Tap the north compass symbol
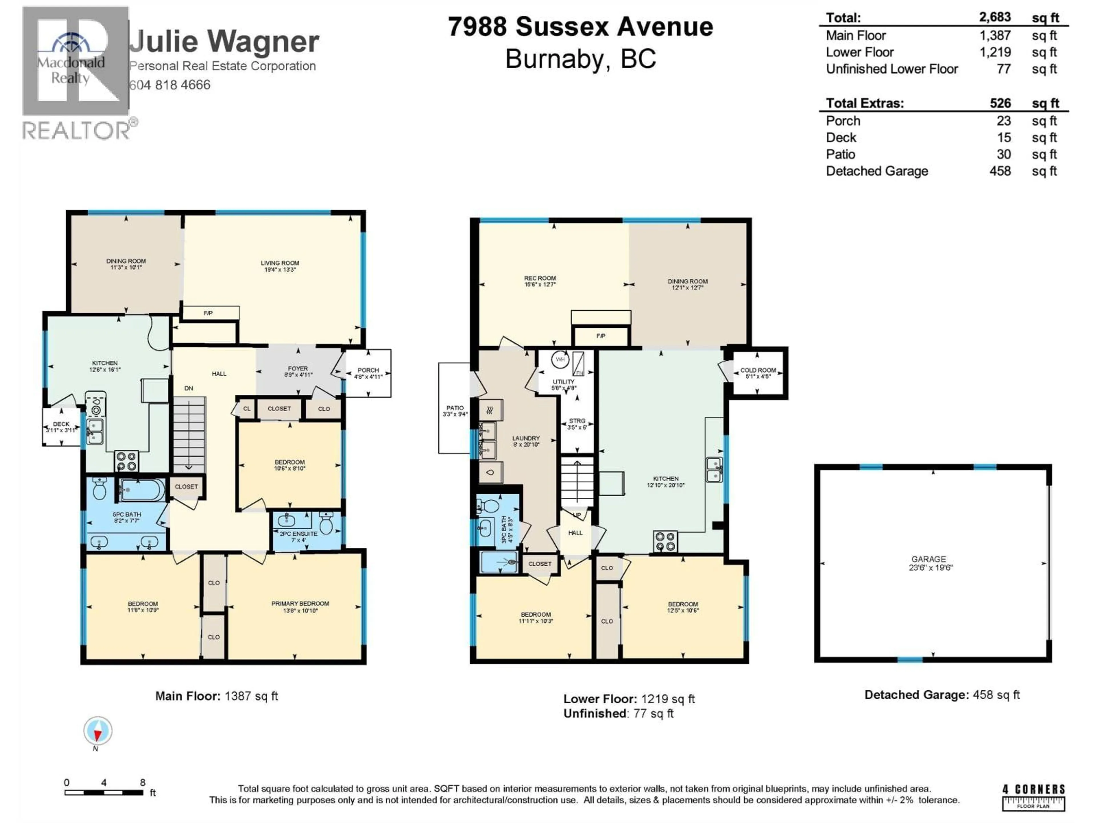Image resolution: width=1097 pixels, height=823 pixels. pos(98,731)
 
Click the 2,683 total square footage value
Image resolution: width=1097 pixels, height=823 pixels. pos(994,17)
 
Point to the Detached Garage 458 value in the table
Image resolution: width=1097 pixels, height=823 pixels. pos(999,171)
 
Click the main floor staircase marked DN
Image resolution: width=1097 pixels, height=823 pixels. pos(189,434)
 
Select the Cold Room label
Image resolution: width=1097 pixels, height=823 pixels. pos(758,373)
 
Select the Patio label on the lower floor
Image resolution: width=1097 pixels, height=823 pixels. pos(455,411)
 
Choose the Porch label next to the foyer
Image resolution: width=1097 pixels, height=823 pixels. pos(368,373)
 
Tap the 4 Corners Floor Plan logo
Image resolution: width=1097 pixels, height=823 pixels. pos(1033,797)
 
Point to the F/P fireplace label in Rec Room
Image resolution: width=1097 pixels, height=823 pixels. pos(600,336)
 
